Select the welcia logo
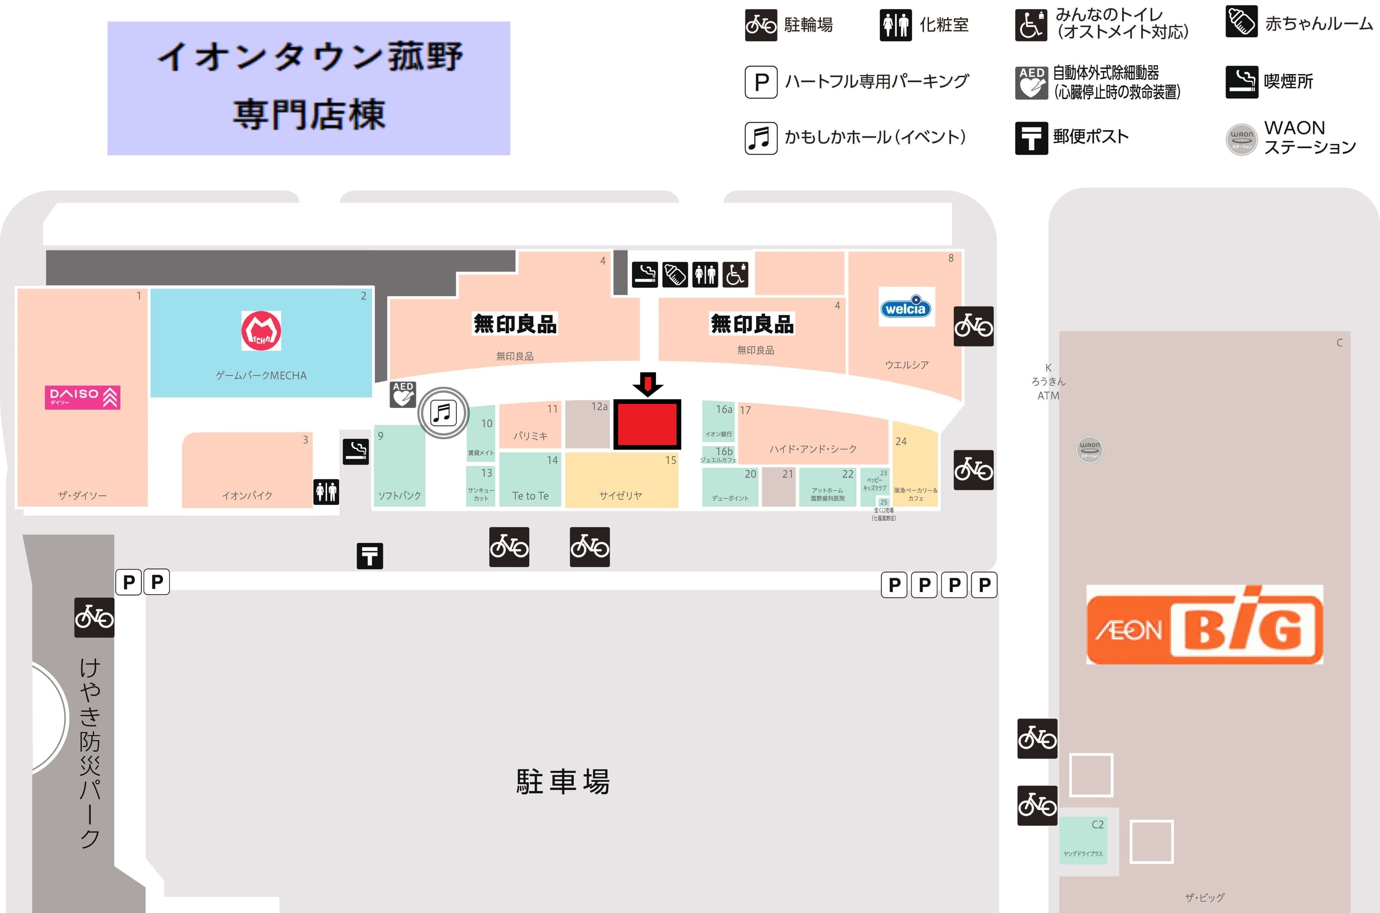coord(906,307)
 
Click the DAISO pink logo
coord(82,397)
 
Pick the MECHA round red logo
coord(261,331)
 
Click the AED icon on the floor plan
coord(402,394)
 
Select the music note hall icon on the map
coord(443,413)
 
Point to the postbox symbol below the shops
coord(369,556)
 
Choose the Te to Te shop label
coord(530,496)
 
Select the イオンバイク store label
coord(247,496)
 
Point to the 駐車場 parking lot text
coord(563,782)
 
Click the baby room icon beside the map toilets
coord(675,274)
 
